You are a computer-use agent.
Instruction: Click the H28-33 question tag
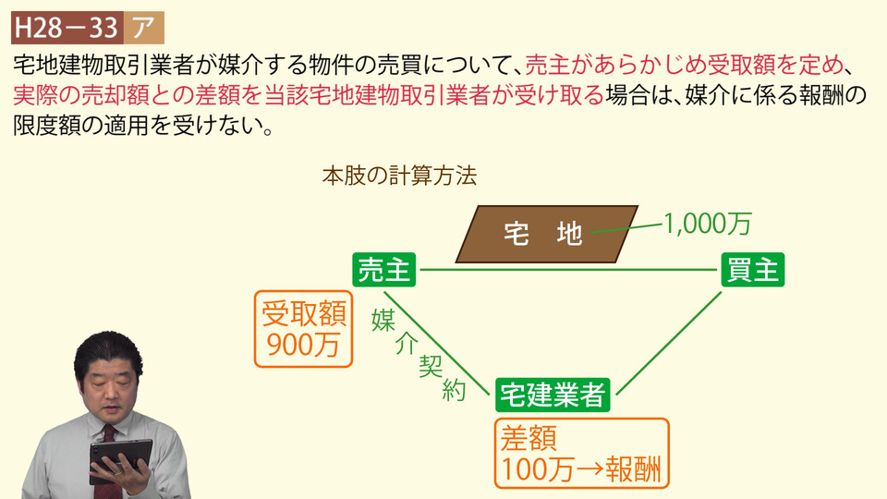[x=67, y=27]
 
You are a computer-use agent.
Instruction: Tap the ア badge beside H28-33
[x=144, y=27]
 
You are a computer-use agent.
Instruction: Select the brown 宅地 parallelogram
[x=546, y=234]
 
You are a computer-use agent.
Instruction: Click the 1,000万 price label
[x=707, y=224]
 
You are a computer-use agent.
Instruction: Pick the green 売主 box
[x=384, y=269]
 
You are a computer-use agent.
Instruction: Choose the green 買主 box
[x=752, y=269]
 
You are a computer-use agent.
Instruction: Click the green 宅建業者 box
[x=553, y=395]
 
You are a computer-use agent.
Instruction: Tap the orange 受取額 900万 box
[x=303, y=329]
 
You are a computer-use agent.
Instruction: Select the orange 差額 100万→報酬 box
[x=581, y=453]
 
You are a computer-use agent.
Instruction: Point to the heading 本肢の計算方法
[x=399, y=176]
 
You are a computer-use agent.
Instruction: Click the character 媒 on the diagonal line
[x=383, y=320]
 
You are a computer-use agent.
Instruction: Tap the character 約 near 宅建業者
[x=455, y=391]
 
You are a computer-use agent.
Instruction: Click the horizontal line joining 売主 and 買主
[x=568, y=270]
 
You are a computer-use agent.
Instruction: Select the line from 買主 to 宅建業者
[x=669, y=343]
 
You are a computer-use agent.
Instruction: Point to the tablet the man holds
[x=120, y=460]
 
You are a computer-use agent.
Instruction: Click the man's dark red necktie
[x=108, y=459]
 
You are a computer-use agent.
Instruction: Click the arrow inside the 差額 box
[x=589, y=469]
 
